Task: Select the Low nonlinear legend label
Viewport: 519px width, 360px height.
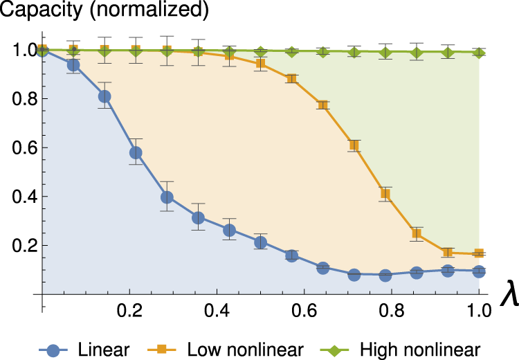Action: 246,348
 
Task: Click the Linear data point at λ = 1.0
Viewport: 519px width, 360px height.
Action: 478,271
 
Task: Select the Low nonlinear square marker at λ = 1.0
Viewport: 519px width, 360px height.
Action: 478,253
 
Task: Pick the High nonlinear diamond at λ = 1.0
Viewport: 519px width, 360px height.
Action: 478,52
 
